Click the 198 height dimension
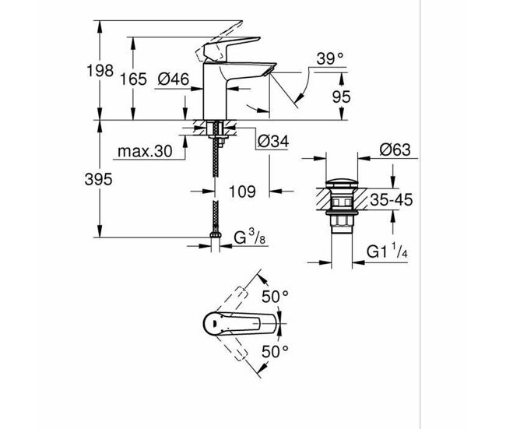(100, 71)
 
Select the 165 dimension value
(133, 79)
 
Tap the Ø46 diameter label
(174, 79)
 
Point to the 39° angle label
(330, 58)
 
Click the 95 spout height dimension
(341, 97)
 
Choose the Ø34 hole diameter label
(273, 142)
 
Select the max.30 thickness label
(145, 151)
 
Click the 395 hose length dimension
(98, 179)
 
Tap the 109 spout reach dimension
(242, 192)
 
